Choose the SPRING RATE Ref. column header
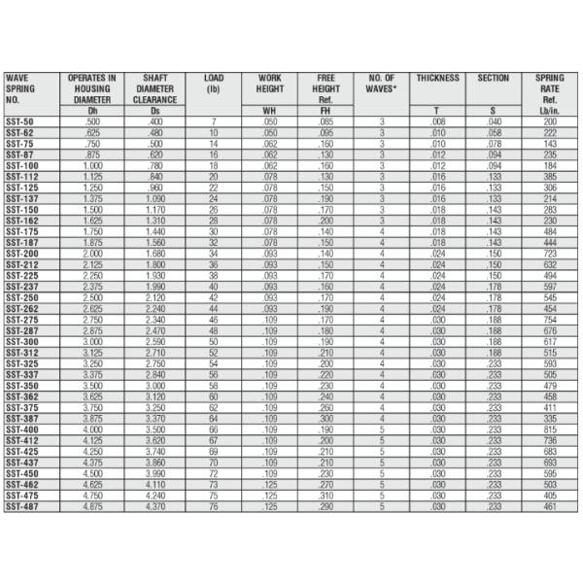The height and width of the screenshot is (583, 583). pos(550,87)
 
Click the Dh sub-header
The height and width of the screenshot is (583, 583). pos(92,111)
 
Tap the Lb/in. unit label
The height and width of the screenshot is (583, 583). pos(550,111)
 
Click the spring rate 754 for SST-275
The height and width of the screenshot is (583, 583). pos(550,319)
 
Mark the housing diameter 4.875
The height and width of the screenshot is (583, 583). pos(92,506)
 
